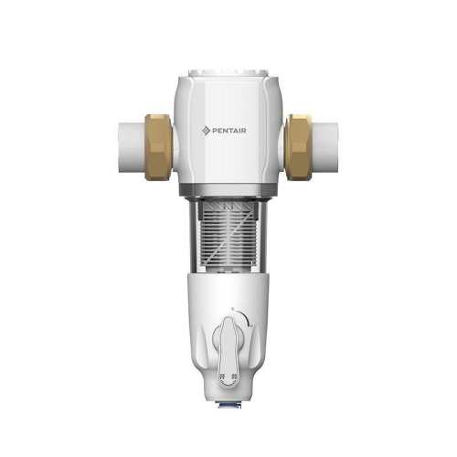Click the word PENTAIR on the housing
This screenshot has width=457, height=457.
tap(229, 131)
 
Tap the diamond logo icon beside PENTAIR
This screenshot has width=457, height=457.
tap(207, 131)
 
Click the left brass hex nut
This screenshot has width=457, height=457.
tap(158, 147)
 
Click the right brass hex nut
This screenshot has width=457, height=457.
tap(299, 147)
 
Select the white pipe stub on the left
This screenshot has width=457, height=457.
tap(132, 147)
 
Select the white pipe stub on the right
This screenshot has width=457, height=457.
tap(325, 147)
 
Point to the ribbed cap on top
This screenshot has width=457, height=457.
tap(228, 73)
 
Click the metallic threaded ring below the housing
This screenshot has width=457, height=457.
tap(228, 191)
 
